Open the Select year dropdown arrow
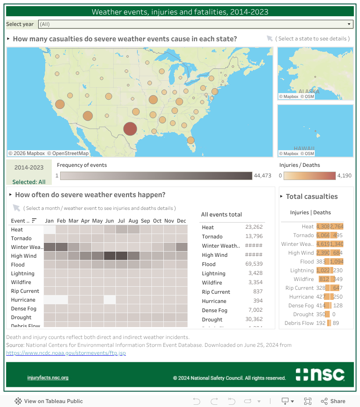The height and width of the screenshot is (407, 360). click(x=349, y=24)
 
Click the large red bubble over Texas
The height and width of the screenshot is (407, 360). click(x=130, y=129)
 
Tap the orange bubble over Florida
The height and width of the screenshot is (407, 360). click(x=191, y=140)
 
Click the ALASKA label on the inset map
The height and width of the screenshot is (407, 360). click(x=309, y=91)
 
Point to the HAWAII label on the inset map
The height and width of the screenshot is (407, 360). click(x=304, y=148)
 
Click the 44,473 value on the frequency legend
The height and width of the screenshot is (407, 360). click(x=263, y=176)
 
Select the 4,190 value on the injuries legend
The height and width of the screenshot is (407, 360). click(x=344, y=176)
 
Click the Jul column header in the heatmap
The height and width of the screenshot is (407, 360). click(x=121, y=221)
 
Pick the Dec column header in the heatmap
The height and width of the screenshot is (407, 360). click(x=181, y=221)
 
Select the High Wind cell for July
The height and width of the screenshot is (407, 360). click(x=121, y=256)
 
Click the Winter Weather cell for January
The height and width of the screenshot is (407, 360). click(x=50, y=247)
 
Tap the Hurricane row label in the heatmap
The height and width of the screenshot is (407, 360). click(x=23, y=300)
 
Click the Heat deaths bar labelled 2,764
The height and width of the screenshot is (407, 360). click(x=336, y=227)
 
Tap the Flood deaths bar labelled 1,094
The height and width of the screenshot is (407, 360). click(x=336, y=262)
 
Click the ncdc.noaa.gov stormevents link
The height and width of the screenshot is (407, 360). click(x=66, y=353)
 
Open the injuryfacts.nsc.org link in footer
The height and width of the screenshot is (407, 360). click(x=48, y=378)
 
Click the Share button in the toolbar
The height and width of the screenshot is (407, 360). click(x=333, y=401)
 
